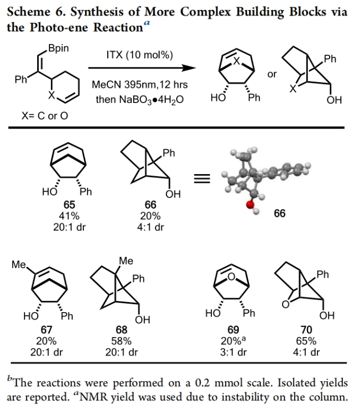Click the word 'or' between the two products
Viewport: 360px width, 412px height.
[x=272, y=74]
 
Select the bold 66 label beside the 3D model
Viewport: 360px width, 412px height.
[x=279, y=213]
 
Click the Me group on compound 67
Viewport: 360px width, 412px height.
[x=20, y=264]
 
